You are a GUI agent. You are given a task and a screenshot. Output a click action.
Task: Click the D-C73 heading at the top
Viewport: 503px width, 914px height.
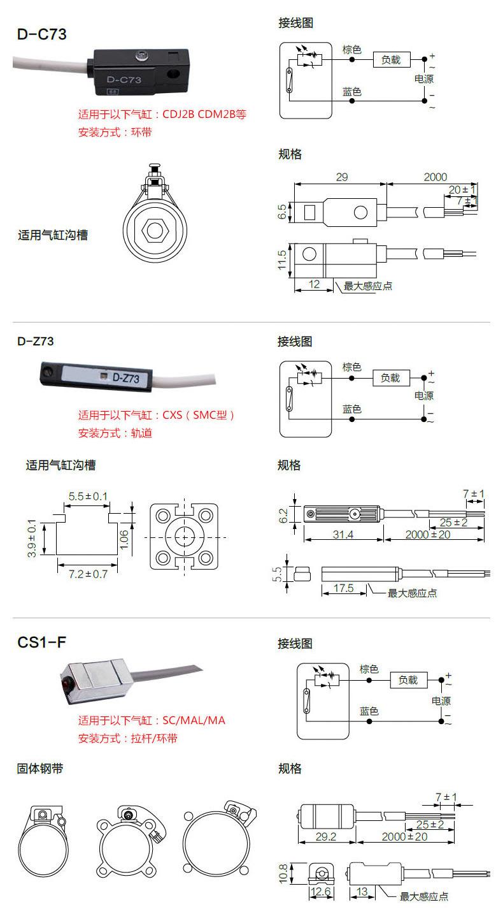click(41, 34)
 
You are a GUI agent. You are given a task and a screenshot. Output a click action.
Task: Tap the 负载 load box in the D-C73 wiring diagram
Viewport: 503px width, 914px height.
click(391, 60)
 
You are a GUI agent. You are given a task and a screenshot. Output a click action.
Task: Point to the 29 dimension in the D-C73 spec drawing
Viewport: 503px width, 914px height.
click(342, 177)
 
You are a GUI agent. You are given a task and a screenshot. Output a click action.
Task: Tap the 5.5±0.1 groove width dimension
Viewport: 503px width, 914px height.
click(88, 496)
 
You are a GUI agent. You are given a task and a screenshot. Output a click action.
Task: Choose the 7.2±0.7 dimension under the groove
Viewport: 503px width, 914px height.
click(88, 574)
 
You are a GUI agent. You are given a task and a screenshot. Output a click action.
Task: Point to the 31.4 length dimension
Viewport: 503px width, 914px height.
click(343, 534)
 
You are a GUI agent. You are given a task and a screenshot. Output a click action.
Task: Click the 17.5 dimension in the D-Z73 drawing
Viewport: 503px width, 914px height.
click(343, 588)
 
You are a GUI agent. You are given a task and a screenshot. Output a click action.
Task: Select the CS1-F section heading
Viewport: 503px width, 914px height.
click(41, 642)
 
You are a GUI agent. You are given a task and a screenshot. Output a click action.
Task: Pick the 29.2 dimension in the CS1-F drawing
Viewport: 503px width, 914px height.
click(325, 836)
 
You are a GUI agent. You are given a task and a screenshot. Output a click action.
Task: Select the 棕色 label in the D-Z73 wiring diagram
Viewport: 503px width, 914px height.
click(351, 367)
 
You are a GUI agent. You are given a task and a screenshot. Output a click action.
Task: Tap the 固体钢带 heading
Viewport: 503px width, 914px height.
click(40, 769)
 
